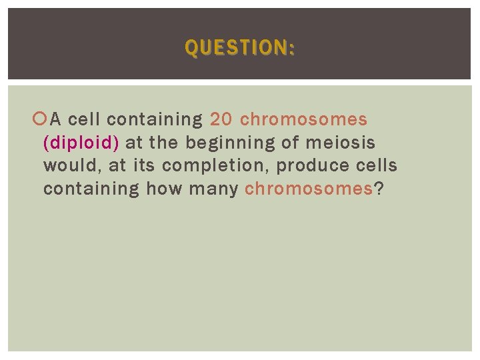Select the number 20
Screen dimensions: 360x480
221,120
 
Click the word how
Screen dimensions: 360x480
163,189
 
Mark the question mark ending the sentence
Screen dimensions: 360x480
379,189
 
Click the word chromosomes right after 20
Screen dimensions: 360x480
303,120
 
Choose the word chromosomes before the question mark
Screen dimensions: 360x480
309,189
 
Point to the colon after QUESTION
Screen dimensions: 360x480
292,48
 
